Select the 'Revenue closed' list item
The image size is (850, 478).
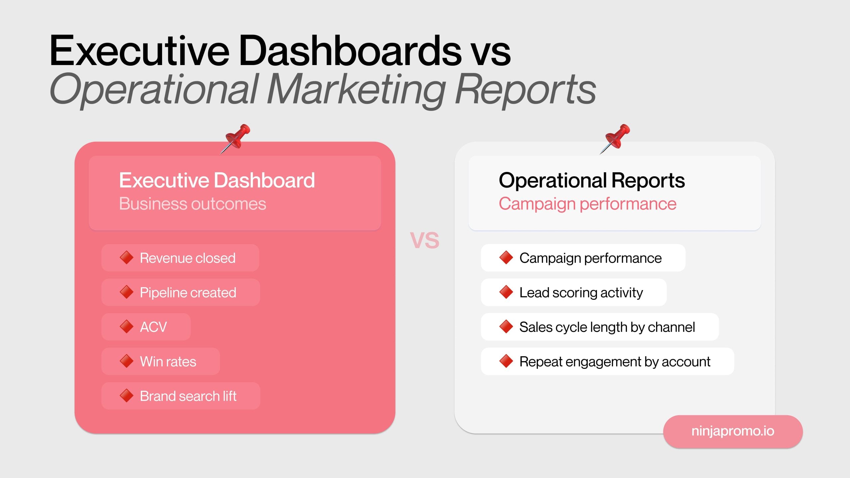[188, 258]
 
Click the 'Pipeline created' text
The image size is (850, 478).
[188, 292]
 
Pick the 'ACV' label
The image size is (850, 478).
[153, 327]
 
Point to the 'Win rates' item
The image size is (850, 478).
[168, 361]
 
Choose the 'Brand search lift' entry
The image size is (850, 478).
[188, 396]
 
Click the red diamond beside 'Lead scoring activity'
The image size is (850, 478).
[506, 292]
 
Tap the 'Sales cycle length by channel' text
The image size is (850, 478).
[607, 327]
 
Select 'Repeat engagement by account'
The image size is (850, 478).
[615, 361]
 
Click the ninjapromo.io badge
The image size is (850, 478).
[733, 431]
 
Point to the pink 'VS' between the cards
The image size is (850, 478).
[425, 240]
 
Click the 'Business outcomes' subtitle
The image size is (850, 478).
[193, 203]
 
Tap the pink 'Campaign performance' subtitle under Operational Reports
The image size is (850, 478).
[587, 203]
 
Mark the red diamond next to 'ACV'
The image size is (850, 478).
[127, 327]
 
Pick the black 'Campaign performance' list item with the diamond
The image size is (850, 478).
[590, 258]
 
